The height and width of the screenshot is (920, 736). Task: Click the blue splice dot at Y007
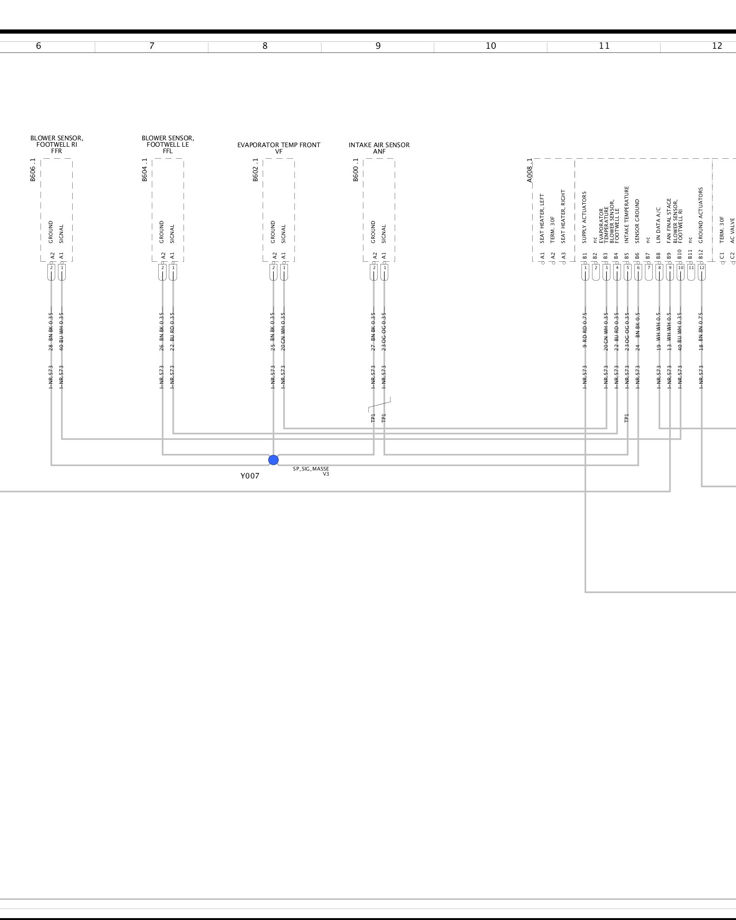(273, 460)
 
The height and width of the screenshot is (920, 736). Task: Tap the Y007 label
(250, 476)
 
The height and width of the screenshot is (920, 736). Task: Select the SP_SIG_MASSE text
(311, 469)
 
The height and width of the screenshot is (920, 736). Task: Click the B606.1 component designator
(33, 170)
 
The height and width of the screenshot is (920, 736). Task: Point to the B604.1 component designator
(144, 170)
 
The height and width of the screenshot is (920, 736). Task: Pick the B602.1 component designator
(255, 170)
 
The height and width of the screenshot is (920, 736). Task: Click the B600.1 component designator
(356, 170)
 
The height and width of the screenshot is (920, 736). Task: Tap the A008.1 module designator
(529, 171)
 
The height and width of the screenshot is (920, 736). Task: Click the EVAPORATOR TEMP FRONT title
(279, 145)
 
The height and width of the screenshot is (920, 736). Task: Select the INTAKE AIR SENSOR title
(379, 145)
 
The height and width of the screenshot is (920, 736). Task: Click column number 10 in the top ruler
(491, 46)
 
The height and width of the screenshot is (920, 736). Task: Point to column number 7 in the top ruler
(152, 46)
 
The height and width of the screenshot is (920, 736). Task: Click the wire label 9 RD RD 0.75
(585, 330)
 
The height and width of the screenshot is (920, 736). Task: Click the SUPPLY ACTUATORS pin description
(585, 218)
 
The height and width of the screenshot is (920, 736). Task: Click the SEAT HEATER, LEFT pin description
(542, 218)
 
